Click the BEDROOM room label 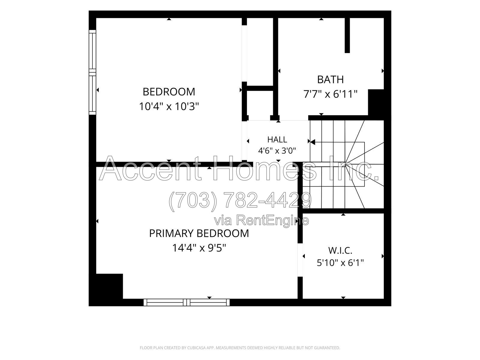169,92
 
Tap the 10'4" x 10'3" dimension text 169,107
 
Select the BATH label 330,79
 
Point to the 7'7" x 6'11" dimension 330,94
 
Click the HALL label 277,139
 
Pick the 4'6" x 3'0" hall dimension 277,151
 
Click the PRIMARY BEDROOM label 199,233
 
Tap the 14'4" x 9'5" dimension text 199,248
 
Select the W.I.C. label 340,251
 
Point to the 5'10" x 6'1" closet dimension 340,262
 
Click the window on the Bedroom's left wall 92,72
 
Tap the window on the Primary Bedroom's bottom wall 187,302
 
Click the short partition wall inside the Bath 347,35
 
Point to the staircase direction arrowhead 313,142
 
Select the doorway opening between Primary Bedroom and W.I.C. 300,260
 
